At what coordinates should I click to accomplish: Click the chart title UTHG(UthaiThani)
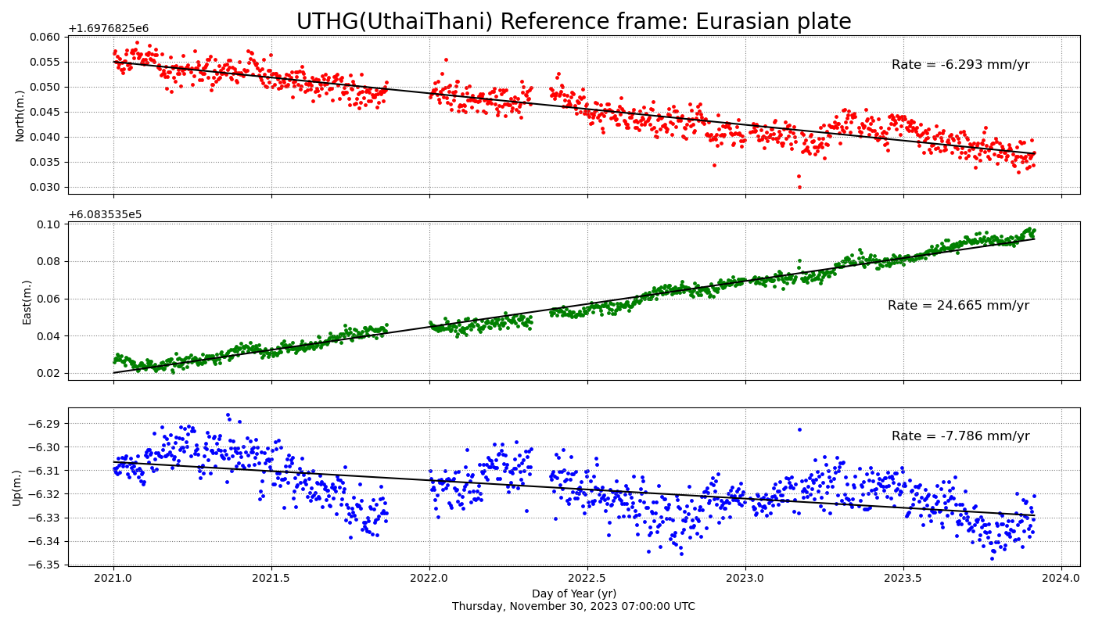[573, 21]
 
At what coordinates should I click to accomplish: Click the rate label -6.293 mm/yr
[960, 65]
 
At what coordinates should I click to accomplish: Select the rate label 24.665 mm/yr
[957, 306]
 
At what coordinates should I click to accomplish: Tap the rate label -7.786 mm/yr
[960, 436]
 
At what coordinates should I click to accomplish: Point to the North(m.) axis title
[20, 116]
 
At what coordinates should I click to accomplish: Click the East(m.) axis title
[27, 302]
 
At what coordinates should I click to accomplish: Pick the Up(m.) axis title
[17, 488]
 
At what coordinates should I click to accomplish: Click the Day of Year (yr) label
[573, 594]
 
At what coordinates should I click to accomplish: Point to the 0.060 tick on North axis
[44, 37]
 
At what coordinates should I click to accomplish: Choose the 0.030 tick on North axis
[44, 187]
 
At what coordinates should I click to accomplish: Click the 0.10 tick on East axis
[49, 224]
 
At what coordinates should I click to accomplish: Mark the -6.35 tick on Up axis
[47, 565]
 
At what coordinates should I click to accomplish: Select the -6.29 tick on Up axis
[47, 424]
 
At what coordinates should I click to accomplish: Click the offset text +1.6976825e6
[108, 29]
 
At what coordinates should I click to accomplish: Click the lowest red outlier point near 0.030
[799, 187]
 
